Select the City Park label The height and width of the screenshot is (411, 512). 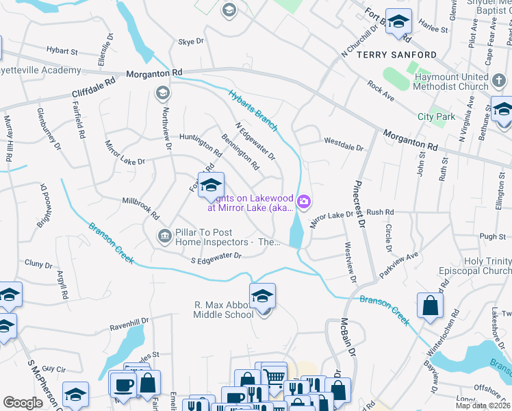(x=436, y=116)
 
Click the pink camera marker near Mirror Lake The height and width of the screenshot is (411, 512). (x=304, y=201)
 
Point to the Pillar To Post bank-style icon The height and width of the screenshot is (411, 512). (x=164, y=236)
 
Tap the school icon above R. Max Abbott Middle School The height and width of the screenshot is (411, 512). (x=261, y=296)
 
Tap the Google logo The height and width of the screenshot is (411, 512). (x=23, y=403)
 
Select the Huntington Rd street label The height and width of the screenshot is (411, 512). (x=196, y=142)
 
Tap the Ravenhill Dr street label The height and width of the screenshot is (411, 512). (x=129, y=321)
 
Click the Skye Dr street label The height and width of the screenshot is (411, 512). (x=191, y=42)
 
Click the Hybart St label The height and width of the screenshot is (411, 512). (x=62, y=51)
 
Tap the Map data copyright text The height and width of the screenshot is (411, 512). (x=485, y=406)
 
